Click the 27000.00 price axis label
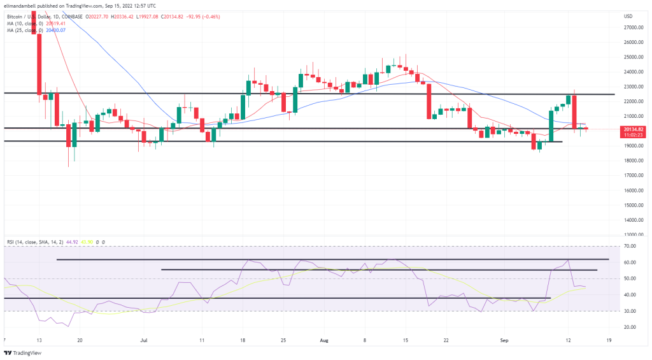coord(632,27)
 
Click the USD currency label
coord(628,16)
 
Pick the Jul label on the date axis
coord(145,341)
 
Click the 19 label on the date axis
coord(609,341)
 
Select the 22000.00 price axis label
coord(632,101)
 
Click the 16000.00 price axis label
coord(632,191)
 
